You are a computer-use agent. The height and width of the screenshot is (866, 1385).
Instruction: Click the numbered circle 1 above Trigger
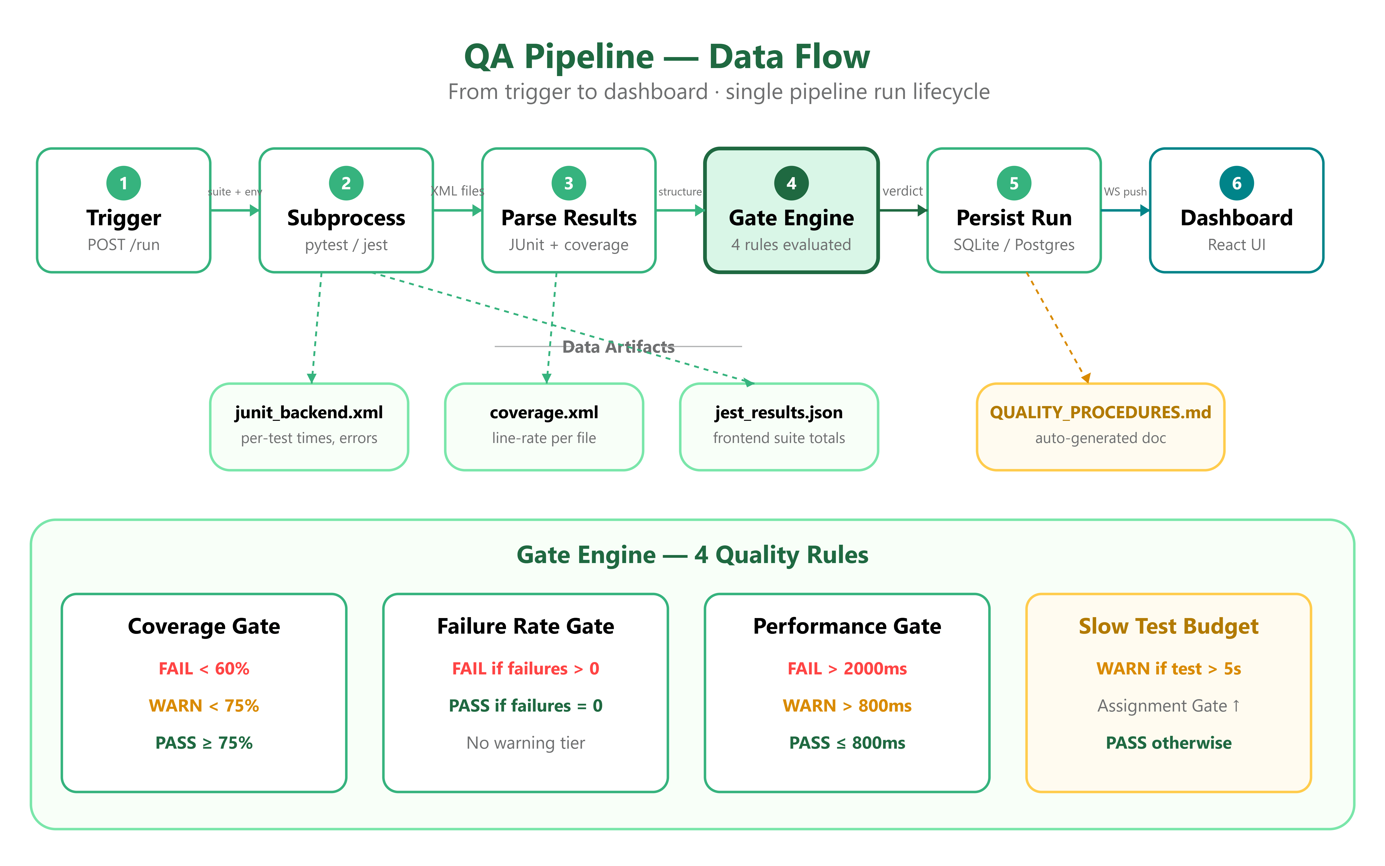click(124, 183)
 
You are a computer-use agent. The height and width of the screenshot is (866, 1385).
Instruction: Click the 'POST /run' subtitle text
click(124, 245)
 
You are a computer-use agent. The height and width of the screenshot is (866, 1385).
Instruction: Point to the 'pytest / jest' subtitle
click(346, 245)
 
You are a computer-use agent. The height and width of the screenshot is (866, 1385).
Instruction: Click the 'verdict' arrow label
click(903, 191)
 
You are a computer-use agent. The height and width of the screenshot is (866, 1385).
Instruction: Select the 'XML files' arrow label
click(457, 191)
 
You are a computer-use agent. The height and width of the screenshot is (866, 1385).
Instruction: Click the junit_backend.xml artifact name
click(309, 412)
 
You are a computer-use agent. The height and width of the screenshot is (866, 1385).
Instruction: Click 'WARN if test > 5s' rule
click(1169, 668)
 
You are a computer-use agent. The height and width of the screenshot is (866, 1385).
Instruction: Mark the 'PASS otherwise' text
click(1169, 743)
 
